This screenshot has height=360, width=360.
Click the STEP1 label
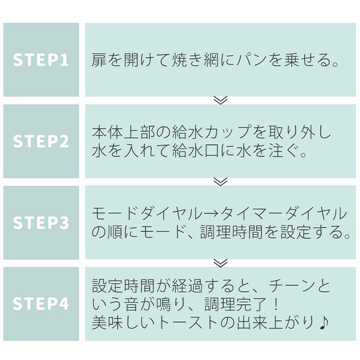[x=41, y=60]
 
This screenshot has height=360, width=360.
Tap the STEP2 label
[x=41, y=141]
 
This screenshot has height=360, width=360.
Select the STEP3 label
[x=41, y=223]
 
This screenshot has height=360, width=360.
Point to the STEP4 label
[x=41, y=303]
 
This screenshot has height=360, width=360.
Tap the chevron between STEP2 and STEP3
[x=220, y=182]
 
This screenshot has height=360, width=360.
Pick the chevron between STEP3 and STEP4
[x=220, y=263]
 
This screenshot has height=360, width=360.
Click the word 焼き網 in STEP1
[x=197, y=60]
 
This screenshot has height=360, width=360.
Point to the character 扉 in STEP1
[x=99, y=60]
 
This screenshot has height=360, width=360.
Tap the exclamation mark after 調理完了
[x=275, y=304]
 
